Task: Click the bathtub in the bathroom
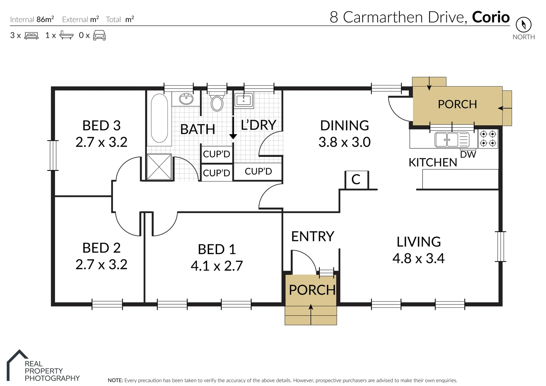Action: (159, 118)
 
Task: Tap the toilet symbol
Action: (217, 103)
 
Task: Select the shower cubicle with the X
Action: (159, 167)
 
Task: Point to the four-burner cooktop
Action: (488, 139)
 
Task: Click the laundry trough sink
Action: (244, 100)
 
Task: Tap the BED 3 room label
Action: (101, 126)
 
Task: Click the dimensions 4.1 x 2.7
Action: (217, 266)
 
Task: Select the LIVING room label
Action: (418, 242)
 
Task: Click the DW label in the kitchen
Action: (468, 154)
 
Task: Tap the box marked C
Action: (356, 179)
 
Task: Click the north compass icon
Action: (523, 25)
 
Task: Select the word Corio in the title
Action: (491, 17)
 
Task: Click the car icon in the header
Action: (99, 35)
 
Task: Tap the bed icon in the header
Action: (31, 35)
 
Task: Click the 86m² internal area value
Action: (45, 19)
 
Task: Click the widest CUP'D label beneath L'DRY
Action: (258, 172)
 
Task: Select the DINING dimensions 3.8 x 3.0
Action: (344, 142)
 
